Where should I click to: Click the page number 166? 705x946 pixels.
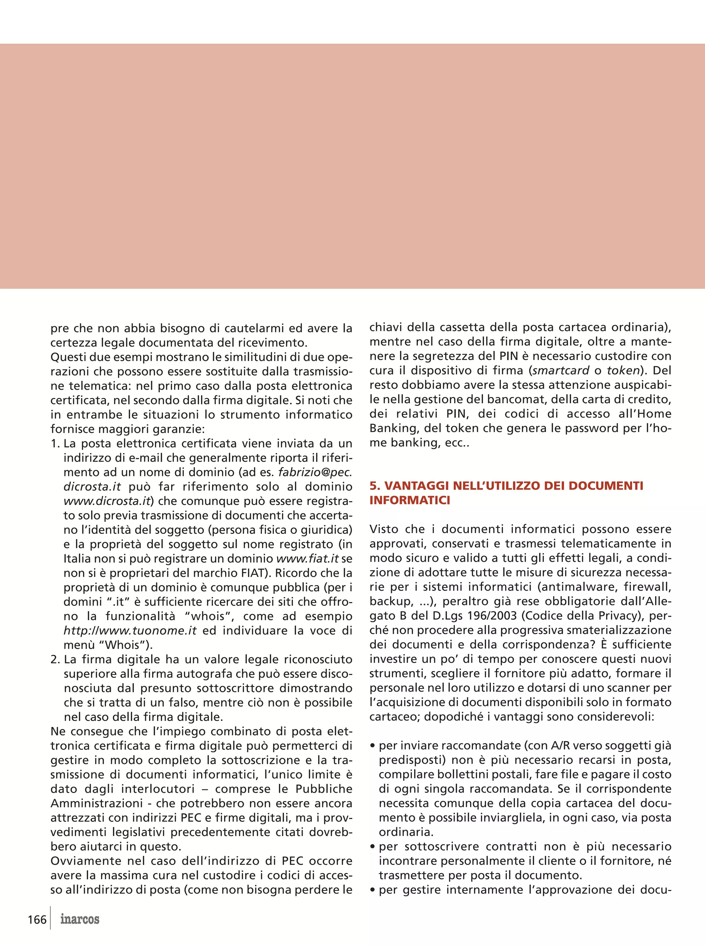tap(37, 919)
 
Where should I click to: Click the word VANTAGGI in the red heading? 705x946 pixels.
tap(417, 485)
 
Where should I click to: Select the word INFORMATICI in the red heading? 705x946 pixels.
tap(410, 500)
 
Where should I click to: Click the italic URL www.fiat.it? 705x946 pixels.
tap(308, 558)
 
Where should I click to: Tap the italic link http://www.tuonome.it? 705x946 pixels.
tap(130, 631)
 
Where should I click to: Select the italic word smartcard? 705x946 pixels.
tap(561, 370)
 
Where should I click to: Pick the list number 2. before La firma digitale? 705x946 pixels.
tap(55, 659)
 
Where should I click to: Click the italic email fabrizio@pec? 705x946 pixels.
tap(315, 472)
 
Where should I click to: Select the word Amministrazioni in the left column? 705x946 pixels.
tap(96, 804)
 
